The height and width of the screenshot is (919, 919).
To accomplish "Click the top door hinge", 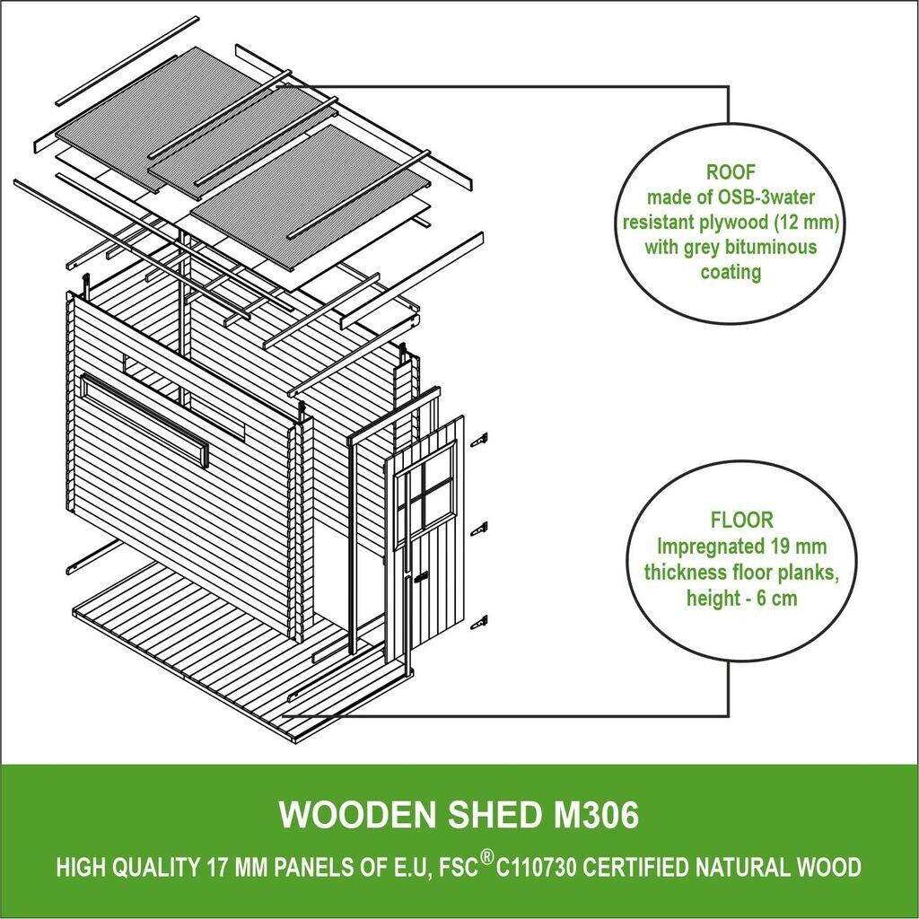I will (x=481, y=438).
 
